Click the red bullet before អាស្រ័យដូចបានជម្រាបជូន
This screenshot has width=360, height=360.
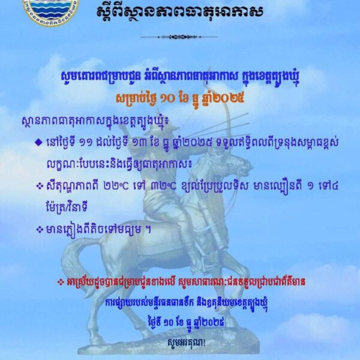tap(59, 281)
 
